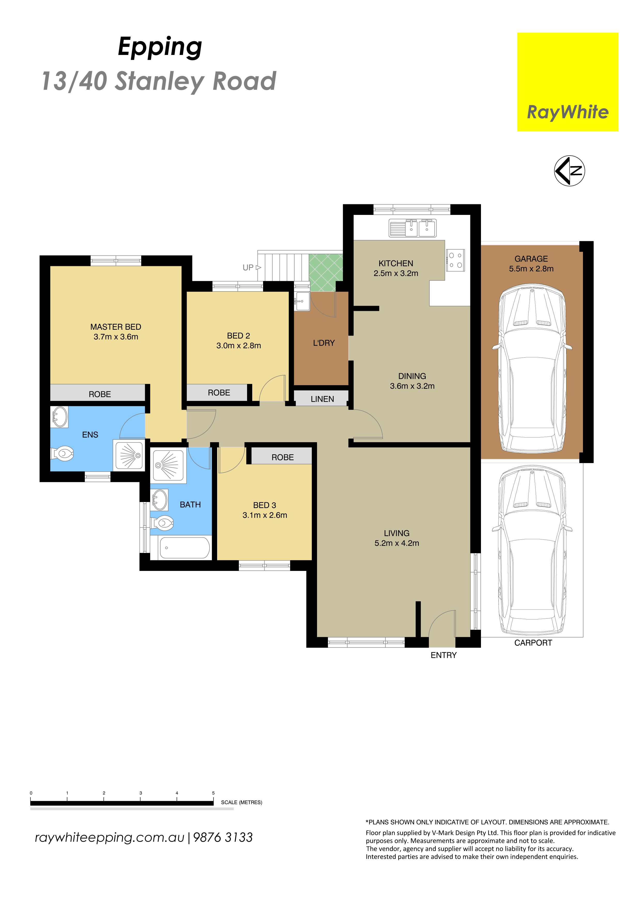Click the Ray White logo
click(567, 82)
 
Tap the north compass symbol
click(570, 171)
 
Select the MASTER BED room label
click(116, 327)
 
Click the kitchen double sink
click(413, 228)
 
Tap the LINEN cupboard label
click(322, 399)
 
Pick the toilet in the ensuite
click(63, 454)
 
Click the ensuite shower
click(129, 455)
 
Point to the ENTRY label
click(444, 655)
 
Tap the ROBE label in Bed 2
click(219, 393)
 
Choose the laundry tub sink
click(302, 302)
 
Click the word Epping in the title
click(160, 48)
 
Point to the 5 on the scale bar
click(213, 793)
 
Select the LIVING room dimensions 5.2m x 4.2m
click(397, 543)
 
